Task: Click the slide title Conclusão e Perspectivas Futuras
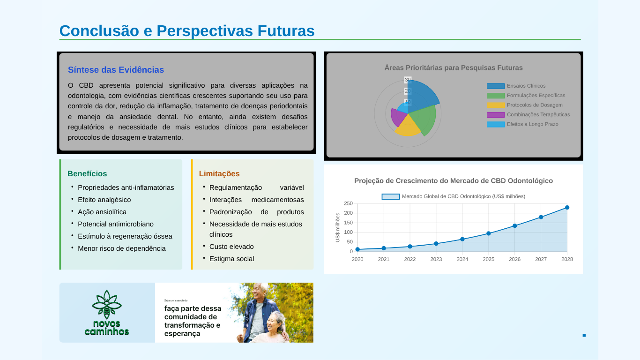pyautogui.click(x=187, y=31)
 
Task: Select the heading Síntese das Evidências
pyautogui.click(x=116, y=70)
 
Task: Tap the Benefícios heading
pyautogui.click(x=87, y=173)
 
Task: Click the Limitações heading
pyautogui.click(x=219, y=174)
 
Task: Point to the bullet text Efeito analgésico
pyautogui.click(x=104, y=200)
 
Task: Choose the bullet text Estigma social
pyautogui.click(x=232, y=259)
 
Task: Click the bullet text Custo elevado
pyautogui.click(x=231, y=247)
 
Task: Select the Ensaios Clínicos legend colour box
pyautogui.click(x=495, y=86)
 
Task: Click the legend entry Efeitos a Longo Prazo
pyautogui.click(x=522, y=124)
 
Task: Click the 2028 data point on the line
pyautogui.click(x=567, y=208)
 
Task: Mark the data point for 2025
pyautogui.click(x=488, y=233)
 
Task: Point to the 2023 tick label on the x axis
pyautogui.click(x=436, y=259)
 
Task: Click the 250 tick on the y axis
pyautogui.click(x=348, y=203)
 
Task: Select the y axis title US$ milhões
pyautogui.click(x=337, y=228)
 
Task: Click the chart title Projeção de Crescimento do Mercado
pyautogui.click(x=454, y=181)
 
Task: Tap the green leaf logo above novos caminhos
pyautogui.click(x=106, y=304)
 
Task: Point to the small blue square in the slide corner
pyautogui.click(x=584, y=336)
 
